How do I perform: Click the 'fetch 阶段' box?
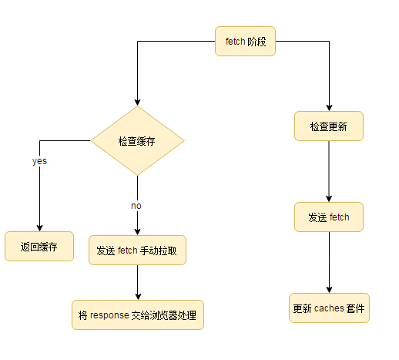[245, 42]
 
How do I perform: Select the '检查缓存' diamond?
[138, 141]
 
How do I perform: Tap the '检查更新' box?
[329, 126]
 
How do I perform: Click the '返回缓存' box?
[39, 247]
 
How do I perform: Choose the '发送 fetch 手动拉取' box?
[138, 251]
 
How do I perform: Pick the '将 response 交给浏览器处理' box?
[138, 315]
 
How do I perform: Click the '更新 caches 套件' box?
[329, 308]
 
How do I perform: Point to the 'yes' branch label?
[39, 162]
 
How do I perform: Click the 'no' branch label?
[136, 206]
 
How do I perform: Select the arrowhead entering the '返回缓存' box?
[39, 227]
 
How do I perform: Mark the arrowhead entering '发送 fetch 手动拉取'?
[138, 230]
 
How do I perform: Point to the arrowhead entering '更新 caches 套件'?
[329, 288]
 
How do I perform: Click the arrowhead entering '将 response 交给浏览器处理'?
[138, 295]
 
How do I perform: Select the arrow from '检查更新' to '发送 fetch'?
[329, 171]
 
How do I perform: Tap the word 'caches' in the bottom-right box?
[329, 308]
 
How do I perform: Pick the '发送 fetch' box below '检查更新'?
[329, 217]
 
